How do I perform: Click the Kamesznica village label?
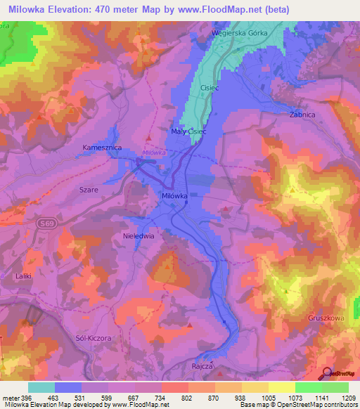pos(103,148)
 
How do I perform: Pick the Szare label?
pos(89,190)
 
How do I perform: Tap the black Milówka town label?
pos(174,196)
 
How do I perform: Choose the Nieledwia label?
pos(139,236)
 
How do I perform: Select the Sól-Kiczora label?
pos(93,338)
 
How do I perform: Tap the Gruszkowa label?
pos(326,318)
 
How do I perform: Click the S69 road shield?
pos(44,223)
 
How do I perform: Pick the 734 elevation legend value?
pos(162,397)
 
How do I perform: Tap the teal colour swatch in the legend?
pos(41,387)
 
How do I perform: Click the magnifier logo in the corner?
pos(326,373)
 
